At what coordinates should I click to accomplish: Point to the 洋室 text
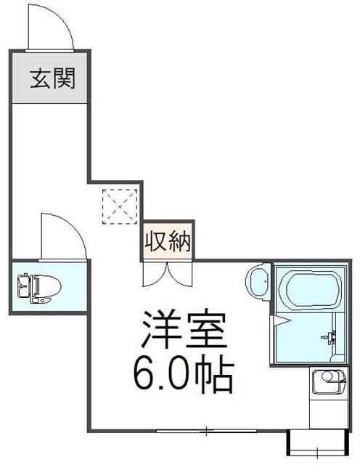point(184,333)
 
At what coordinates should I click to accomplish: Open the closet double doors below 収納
point(168,275)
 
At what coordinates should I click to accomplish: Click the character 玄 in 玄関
point(39,78)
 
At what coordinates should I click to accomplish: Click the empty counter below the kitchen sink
point(329,411)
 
